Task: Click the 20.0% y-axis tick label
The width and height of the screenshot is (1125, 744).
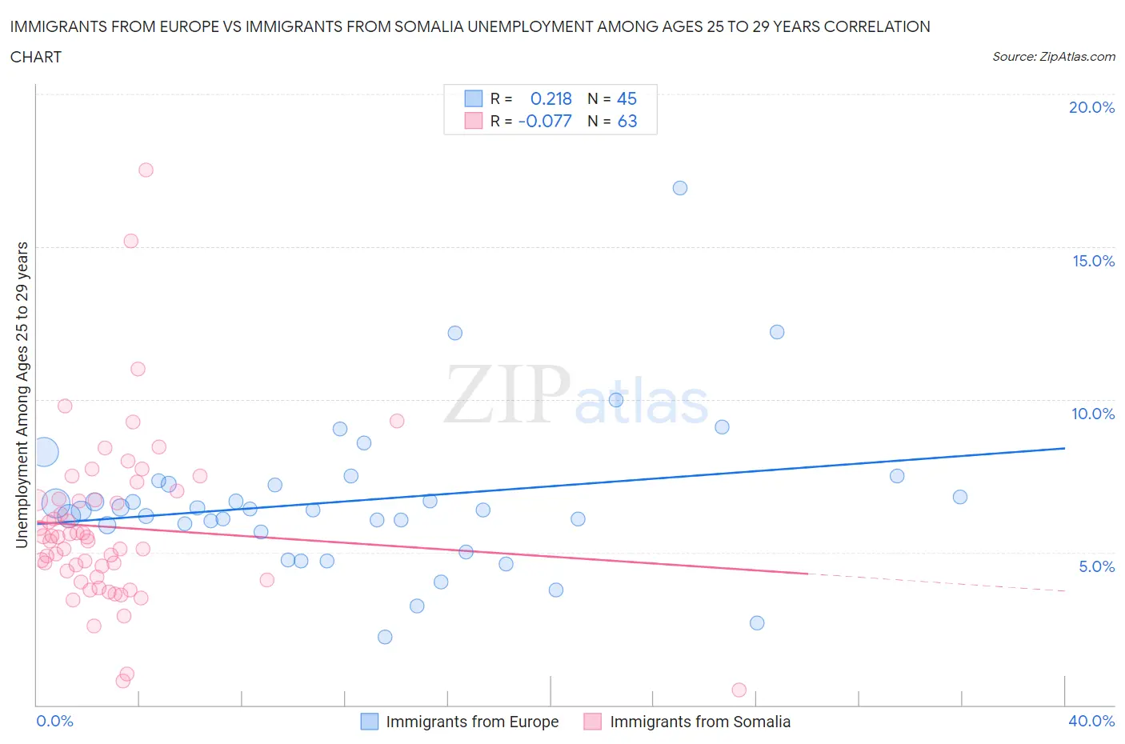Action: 1091,107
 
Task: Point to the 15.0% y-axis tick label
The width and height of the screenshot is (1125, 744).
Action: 1093,261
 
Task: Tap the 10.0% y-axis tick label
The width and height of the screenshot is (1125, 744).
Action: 1093,414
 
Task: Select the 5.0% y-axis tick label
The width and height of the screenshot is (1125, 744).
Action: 1096,566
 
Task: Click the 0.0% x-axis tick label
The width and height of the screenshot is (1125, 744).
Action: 54,721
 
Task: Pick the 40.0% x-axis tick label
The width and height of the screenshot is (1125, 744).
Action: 1091,721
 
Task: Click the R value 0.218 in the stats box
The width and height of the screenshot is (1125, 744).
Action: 551,98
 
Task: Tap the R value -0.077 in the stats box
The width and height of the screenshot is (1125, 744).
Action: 545,121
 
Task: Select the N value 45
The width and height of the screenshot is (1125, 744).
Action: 627,98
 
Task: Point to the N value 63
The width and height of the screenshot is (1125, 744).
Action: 627,121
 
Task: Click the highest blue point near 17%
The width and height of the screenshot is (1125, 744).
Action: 680,188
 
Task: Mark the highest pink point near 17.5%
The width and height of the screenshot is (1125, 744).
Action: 146,170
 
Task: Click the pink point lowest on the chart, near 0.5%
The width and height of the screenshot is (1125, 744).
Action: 739,690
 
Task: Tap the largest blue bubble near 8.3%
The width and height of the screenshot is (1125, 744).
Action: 45,452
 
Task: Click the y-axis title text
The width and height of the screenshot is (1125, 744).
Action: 22,395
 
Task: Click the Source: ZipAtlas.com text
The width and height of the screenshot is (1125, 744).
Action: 1053,56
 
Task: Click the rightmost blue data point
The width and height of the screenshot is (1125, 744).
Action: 960,497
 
